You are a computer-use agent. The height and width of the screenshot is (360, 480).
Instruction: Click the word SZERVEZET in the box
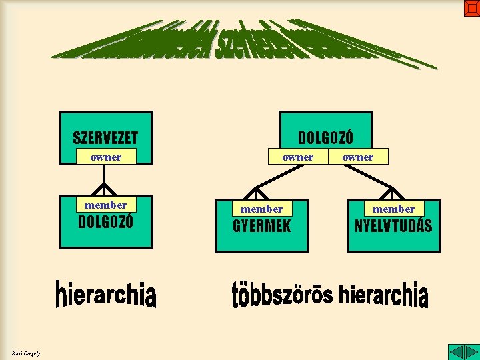(105, 138)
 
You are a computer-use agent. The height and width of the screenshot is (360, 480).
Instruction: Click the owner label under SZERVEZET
(106, 157)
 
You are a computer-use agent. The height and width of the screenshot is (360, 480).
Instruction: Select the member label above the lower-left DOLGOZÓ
(106, 205)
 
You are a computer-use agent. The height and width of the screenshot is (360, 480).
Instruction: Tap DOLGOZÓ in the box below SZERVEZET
(106, 222)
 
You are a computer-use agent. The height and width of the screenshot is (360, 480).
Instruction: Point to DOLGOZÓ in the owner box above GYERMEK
(325, 137)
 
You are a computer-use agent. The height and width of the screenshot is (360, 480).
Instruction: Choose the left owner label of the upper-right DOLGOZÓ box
(297, 157)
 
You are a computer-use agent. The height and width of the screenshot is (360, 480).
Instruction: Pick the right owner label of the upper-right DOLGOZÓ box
(358, 157)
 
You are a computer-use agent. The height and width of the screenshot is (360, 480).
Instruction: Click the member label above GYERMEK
(261, 209)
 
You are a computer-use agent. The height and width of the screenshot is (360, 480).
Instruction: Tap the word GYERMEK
(261, 226)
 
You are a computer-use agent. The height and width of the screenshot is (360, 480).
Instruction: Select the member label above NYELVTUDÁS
(393, 209)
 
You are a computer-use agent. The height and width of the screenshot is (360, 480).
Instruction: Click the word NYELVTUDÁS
(393, 226)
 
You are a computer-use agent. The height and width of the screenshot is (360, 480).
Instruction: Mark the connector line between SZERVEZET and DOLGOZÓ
(104, 176)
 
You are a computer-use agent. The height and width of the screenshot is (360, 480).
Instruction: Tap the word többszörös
(281, 295)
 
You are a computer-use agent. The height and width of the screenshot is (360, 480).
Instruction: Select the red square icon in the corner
(471, 8)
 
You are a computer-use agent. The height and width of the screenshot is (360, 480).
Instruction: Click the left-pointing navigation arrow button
(455, 352)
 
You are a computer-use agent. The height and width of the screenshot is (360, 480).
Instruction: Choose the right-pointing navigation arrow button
(471, 352)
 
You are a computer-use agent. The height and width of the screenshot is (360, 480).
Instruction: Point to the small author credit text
(26, 353)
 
